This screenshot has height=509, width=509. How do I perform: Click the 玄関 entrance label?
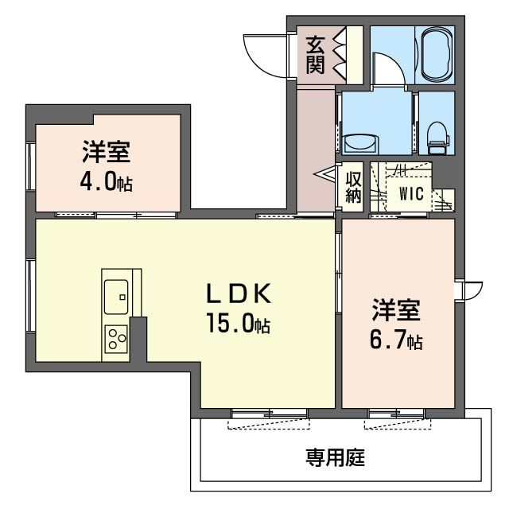click(x=316, y=55)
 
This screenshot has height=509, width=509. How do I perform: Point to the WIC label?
click(x=411, y=193)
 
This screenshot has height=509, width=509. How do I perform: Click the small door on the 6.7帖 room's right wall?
click(x=470, y=290)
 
